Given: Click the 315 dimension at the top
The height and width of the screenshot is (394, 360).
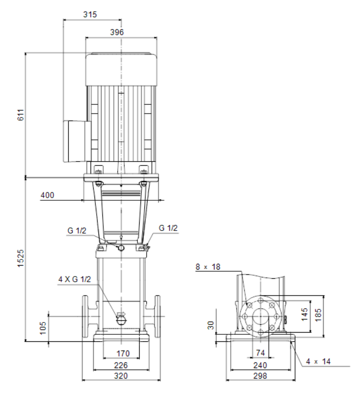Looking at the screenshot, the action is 90,14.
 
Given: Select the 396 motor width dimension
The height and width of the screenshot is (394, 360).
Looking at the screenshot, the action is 117,32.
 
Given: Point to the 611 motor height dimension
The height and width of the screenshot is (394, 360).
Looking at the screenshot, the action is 21,115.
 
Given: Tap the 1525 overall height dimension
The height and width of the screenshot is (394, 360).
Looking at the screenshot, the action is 21,258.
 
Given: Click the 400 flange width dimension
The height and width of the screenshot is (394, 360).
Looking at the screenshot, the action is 47,195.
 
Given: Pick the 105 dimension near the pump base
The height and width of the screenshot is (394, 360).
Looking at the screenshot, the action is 43,328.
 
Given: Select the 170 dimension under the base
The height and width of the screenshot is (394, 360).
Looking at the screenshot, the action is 123,354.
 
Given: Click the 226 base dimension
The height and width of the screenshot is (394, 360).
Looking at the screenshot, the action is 121,365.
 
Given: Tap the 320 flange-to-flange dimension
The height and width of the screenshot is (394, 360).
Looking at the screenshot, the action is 121,376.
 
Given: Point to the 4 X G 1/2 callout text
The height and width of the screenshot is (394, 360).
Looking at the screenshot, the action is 74,279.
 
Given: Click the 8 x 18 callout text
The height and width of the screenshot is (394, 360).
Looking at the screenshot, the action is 208,266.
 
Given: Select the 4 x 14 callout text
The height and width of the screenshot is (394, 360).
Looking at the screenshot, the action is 318,362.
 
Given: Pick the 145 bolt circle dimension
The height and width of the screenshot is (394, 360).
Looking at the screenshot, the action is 304,314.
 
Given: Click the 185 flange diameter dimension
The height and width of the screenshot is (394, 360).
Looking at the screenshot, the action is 318,315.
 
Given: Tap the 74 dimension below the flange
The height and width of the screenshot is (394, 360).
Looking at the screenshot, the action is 260,353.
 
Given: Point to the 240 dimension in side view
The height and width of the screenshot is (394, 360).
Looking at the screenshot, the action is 260,365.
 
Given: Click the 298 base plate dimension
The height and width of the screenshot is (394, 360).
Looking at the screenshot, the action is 260,376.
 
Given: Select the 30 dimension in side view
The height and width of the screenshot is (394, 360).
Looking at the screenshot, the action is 211,325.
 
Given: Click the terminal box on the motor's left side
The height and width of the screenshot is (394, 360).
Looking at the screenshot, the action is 77,141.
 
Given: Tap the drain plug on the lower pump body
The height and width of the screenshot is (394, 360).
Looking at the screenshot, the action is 121,319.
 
